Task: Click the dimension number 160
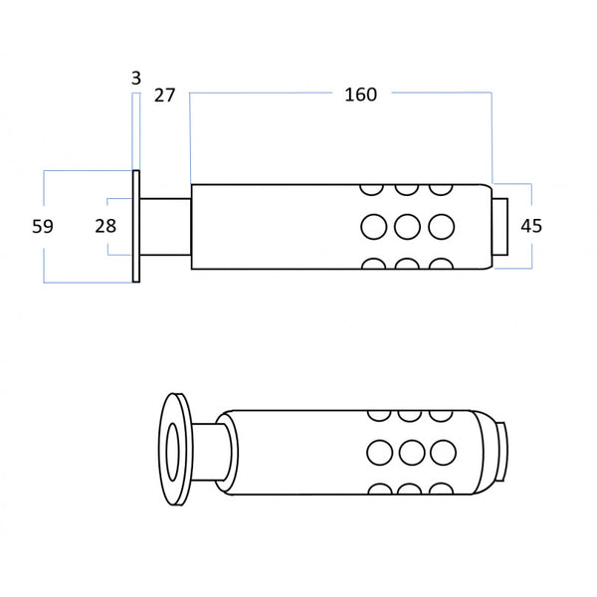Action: click(360, 95)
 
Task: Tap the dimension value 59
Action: click(43, 227)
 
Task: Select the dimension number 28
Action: click(105, 226)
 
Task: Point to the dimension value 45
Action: click(531, 226)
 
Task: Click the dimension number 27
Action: click(164, 96)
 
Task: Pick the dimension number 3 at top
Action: click(136, 78)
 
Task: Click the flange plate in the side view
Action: click(136, 227)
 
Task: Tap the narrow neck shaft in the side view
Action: click(165, 227)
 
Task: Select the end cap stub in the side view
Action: click(499, 227)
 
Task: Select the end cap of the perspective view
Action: click(501, 452)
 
